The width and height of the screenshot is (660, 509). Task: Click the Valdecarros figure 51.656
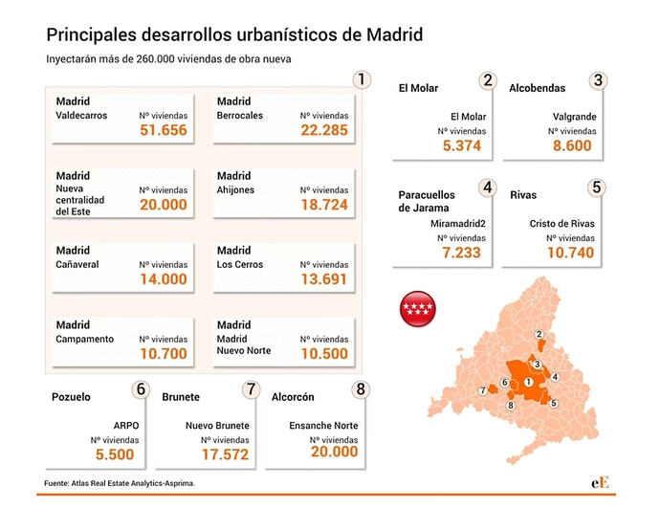point(164,130)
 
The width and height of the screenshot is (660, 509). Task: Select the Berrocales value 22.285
point(324,130)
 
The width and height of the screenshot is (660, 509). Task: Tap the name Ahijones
point(235,189)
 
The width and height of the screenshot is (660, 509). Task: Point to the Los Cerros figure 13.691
point(323,279)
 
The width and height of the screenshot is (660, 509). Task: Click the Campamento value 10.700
point(164,354)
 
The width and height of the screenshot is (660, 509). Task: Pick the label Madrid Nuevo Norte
point(244,344)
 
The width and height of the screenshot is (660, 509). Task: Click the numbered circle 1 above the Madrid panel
point(362,79)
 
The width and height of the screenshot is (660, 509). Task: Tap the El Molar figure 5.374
point(462,145)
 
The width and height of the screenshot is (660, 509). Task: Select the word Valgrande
point(574,117)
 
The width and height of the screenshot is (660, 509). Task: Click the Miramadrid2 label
point(458,224)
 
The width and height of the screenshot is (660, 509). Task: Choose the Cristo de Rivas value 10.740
point(570,253)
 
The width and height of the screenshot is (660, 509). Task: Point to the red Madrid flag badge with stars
point(418,309)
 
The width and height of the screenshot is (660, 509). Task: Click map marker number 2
point(539,334)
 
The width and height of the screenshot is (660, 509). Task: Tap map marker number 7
point(483,390)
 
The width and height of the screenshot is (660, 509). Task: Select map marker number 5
point(554,403)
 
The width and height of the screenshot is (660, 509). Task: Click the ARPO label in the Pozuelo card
point(126,426)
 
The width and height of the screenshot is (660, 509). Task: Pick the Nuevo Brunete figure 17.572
point(225,454)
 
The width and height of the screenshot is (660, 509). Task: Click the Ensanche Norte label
point(323,426)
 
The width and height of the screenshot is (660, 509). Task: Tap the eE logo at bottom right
point(600,482)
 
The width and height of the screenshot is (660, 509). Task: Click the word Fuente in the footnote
point(56,483)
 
